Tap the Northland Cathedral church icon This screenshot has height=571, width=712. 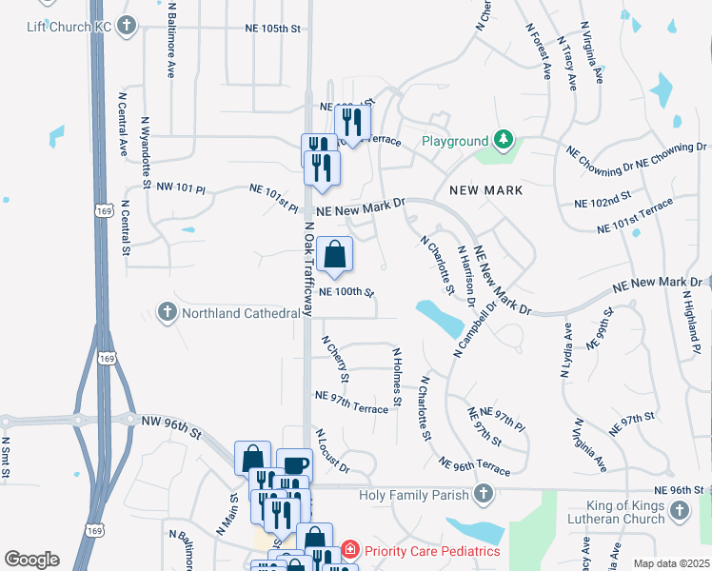(167, 311)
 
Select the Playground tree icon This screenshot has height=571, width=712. (503, 141)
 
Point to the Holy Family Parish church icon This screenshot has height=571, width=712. (484, 494)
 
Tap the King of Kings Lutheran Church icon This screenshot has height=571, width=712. (679, 512)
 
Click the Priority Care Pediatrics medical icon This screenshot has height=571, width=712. (349, 550)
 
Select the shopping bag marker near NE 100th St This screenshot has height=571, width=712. (335, 254)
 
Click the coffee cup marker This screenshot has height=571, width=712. (294, 465)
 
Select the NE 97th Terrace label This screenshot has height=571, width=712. (351, 402)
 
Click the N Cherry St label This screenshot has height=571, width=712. (336, 359)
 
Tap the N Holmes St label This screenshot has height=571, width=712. (398, 376)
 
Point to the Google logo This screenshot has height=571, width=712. (32, 560)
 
